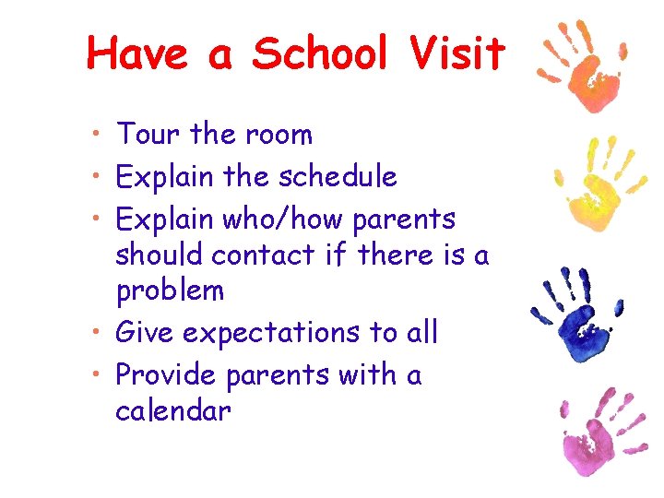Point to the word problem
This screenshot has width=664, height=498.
(170, 291)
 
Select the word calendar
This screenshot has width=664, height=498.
(172, 409)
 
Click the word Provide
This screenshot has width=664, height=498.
(166, 375)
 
